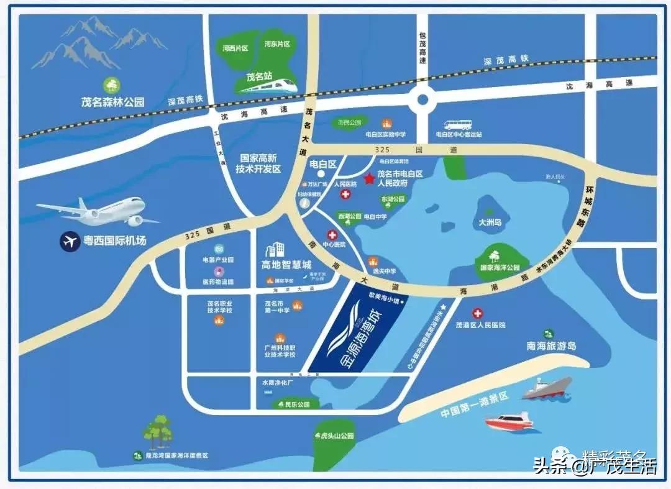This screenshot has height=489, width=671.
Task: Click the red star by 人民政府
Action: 369,179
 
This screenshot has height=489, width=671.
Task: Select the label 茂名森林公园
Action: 113,101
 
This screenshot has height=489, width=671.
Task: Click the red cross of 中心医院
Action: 332,235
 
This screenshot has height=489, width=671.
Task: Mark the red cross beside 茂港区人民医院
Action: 478,314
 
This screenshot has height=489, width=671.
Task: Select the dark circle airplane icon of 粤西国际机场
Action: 70,240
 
